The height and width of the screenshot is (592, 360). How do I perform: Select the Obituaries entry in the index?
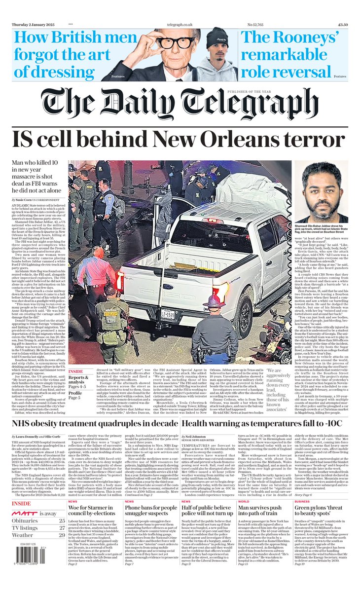(x=27, y=531)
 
